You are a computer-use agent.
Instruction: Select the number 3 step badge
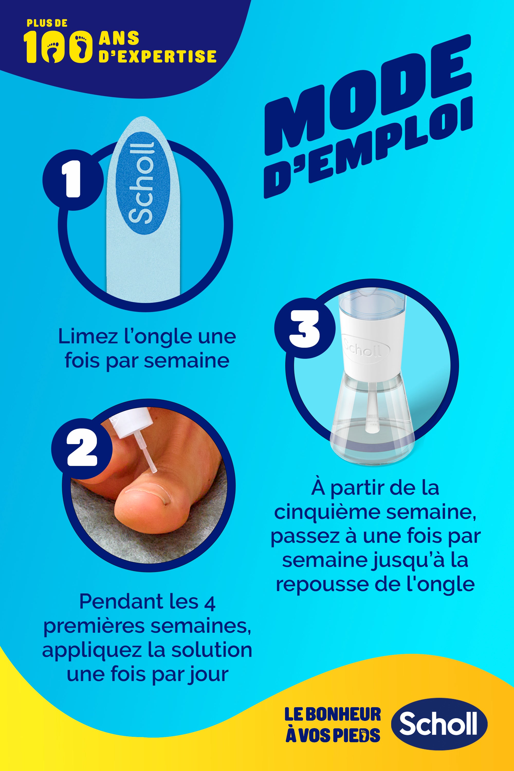pyautogui.click(x=305, y=328)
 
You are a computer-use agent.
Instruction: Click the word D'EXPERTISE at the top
pyautogui.click(x=157, y=56)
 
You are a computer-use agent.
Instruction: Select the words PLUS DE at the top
pyautogui.click(x=47, y=23)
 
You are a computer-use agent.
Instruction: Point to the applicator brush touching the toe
pyautogui.click(x=149, y=455)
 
